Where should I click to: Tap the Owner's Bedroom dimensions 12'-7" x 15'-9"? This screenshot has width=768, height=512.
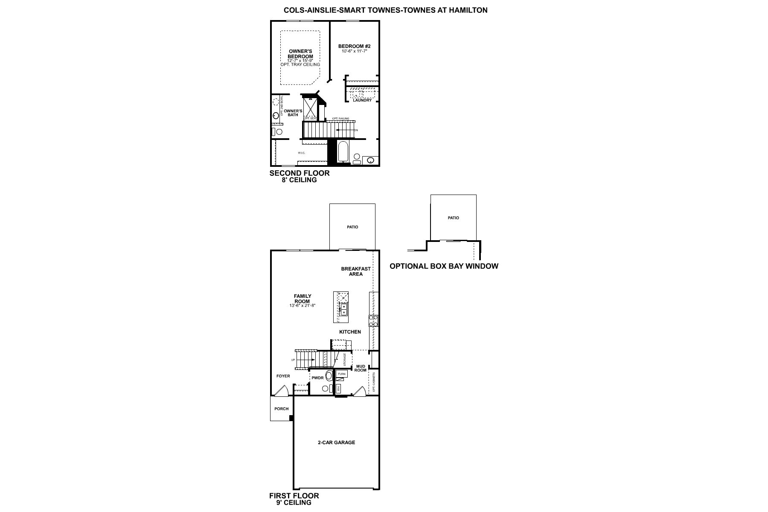click(300, 61)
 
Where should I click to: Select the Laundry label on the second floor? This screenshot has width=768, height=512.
click(362, 100)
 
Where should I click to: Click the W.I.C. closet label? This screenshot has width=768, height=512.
click(302, 153)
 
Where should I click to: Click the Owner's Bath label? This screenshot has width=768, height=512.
click(293, 113)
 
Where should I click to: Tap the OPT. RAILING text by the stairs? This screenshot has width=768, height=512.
click(340, 119)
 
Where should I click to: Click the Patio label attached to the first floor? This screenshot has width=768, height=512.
click(352, 227)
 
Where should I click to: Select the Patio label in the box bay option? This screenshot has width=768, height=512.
click(453, 218)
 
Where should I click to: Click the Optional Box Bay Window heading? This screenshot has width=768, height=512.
click(444, 266)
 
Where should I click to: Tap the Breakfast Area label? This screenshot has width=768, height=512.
click(356, 271)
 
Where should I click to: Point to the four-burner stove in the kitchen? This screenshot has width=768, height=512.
click(373, 321)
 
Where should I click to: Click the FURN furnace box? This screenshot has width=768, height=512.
click(341, 374)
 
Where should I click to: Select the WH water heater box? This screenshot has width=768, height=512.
click(339, 388)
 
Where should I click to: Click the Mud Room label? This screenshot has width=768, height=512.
click(361, 368)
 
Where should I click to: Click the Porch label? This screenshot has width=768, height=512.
click(281, 409)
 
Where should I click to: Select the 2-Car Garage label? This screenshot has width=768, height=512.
click(336, 442)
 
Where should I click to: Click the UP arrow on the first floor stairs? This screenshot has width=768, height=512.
click(306, 360)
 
